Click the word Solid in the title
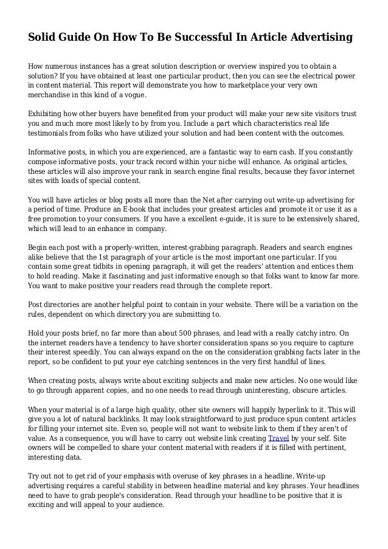pos(43,38)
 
